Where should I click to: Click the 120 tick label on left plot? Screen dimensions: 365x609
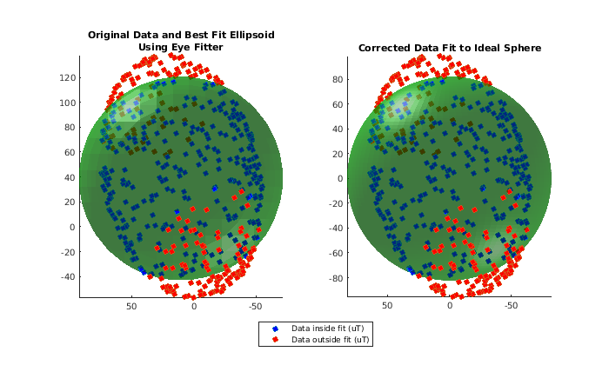(66, 77)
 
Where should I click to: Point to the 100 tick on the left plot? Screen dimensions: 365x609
(66, 103)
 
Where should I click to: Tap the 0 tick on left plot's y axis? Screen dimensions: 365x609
(72, 227)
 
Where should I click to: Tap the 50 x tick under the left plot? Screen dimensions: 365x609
(132, 307)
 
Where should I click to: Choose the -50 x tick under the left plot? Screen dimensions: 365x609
(255, 307)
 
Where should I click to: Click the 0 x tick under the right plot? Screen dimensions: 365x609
(450, 307)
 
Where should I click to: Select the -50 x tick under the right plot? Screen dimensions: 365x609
(512, 307)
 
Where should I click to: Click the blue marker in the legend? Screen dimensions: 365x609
(276, 328)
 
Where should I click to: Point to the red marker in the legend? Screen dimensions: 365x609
(276, 340)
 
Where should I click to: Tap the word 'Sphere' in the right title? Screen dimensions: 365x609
(521, 48)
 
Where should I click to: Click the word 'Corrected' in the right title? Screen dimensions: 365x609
(387, 48)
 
